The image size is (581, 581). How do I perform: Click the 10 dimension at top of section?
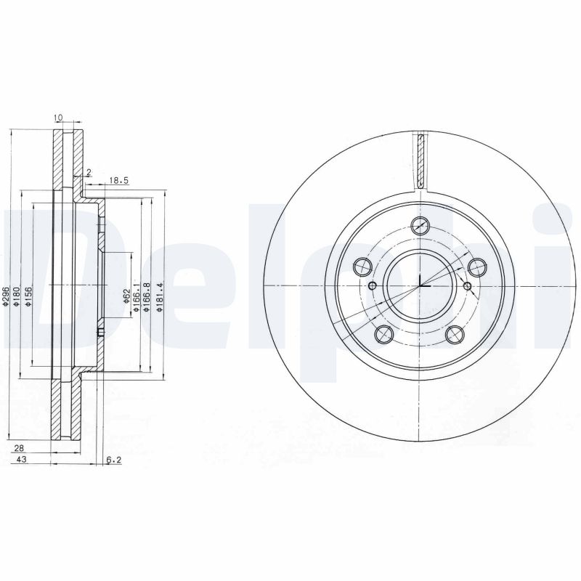click(57, 116)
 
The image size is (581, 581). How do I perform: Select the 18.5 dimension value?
click(119, 180)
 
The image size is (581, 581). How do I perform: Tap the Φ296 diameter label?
click(6, 296)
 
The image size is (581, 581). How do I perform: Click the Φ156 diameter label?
click(28, 296)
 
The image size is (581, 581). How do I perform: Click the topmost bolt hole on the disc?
click(420, 225)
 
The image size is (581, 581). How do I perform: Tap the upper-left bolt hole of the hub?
click(362, 267)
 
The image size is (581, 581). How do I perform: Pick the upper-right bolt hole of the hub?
click(477, 267)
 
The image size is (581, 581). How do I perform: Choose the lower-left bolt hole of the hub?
click(384, 333)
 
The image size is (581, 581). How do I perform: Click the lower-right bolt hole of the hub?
click(455, 333)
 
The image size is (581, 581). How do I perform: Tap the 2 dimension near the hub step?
click(88, 171)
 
